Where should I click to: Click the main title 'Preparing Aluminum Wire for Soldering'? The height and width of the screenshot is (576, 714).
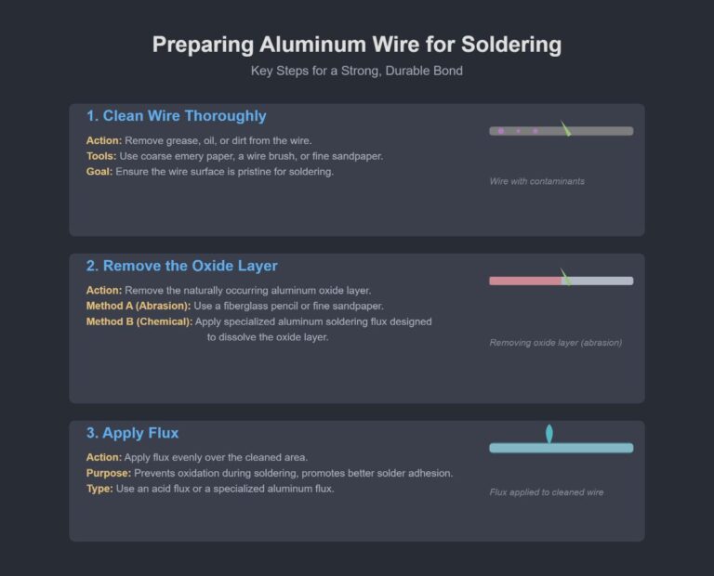click(357, 45)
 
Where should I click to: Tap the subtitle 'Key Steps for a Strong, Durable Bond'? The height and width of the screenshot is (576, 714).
click(357, 71)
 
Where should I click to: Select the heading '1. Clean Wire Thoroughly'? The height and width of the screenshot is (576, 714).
click(176, 116)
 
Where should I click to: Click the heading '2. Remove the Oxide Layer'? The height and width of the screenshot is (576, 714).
click(181, 267)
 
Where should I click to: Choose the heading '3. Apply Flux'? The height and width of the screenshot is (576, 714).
click(132, 433)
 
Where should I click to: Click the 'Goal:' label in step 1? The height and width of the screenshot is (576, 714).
click(99, 172)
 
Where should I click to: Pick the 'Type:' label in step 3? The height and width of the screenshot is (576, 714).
click(99, 489)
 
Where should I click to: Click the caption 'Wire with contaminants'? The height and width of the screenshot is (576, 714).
click(536, 181)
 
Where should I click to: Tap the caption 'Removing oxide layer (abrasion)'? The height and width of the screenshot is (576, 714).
click(555, 343)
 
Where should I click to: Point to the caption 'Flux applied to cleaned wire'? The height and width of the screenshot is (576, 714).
click(551, 492)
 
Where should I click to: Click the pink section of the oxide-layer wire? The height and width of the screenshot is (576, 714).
click(525, 281)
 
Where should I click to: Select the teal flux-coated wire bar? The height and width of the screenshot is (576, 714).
click(561, 448)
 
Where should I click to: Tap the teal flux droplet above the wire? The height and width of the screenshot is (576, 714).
click(549, 432)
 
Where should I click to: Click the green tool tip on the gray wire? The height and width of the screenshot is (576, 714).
click(565, 129)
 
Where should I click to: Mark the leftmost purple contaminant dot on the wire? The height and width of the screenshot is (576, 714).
click(501, 131)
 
